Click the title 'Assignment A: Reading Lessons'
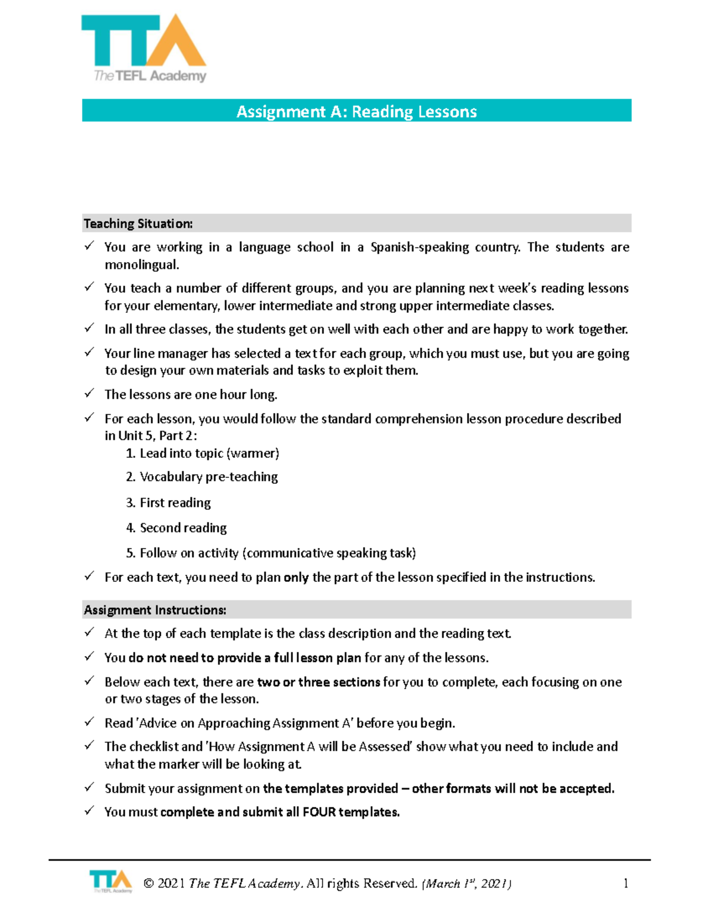pos(356,112)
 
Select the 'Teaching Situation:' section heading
pos(138,224)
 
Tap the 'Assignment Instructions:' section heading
pos(154,610)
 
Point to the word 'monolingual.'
pos(141,265)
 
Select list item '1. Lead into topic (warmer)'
pos(203,454)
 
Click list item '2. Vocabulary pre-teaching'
pos(202,477)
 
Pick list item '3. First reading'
pos(168,503)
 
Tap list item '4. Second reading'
pos(176,528)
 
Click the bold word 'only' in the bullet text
pos(296,578)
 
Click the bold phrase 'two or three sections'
pos(318,682)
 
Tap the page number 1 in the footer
pos(626,883)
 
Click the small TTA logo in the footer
pos(111,882)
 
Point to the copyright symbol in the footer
pos(149,884)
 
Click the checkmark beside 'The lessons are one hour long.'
pos(89,394)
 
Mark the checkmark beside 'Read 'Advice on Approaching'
pos(89,722)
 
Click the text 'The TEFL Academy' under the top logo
pos(150,76)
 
